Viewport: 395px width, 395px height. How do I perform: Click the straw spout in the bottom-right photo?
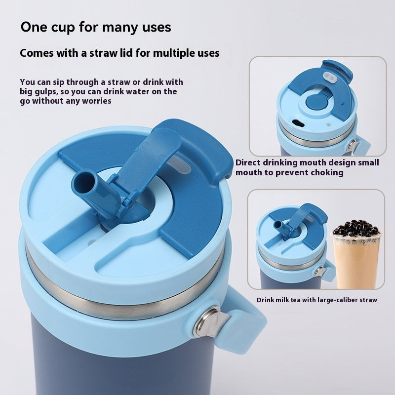(279, 226)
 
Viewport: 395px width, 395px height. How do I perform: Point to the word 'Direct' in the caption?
(249, 162)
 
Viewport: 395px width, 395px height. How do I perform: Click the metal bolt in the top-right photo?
(353, 145)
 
